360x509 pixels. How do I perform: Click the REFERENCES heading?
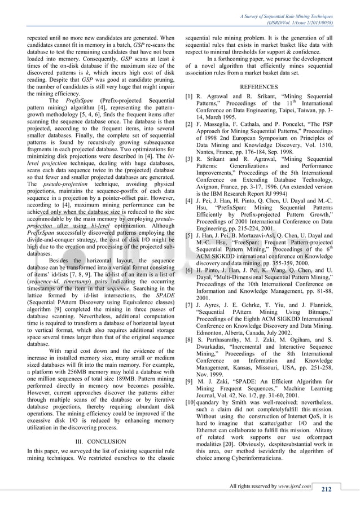(x=258, y=87)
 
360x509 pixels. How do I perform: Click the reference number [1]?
(x=190, y=98)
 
